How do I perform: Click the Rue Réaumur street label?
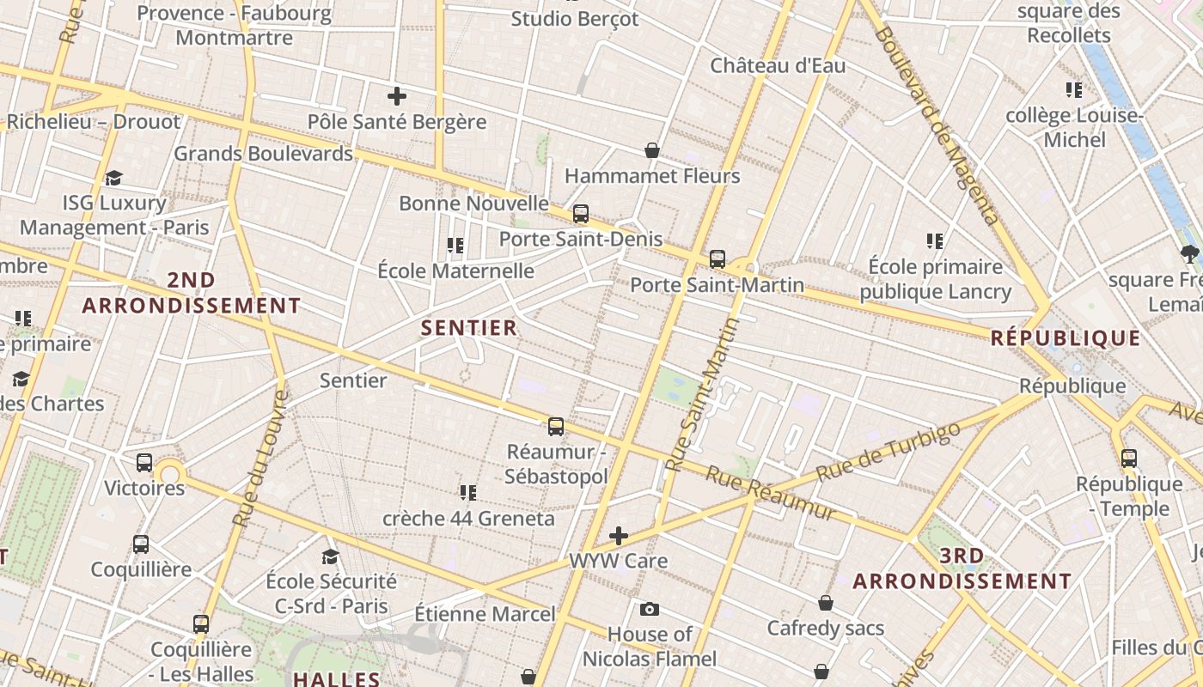[771, 494]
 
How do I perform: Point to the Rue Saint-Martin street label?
[704, 395]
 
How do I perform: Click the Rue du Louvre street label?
[260, 459]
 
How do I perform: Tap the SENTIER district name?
[469, 327]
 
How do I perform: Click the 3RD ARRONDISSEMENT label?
[962, 568]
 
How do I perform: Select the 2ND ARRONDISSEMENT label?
[192, 293]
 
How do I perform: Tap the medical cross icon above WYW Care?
[618, 537]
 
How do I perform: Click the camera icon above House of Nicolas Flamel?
[650, 609]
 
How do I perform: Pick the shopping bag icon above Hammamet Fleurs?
[652, 150]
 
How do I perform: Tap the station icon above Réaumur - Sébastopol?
[556, 426]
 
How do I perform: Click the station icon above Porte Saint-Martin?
[718, 258]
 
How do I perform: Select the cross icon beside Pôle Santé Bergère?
[397, 96]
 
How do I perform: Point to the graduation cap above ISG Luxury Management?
[113, 178]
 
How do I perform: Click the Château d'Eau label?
[778, 65]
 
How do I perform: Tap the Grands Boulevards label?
[263, 154]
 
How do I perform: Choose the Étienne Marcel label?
[485, 614]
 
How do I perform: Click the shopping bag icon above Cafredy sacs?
[826, 603]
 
